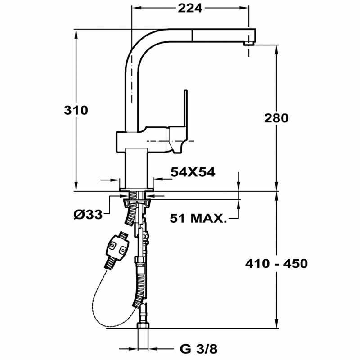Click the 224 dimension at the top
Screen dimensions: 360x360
coord(190,8)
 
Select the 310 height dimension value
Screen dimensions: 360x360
coord(76,110)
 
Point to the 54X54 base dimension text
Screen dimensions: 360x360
coord(193,172)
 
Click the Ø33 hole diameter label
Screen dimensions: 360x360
coord(88,215)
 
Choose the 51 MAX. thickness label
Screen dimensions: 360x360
coord(198,219)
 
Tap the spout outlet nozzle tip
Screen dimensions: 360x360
coord(248,43)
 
